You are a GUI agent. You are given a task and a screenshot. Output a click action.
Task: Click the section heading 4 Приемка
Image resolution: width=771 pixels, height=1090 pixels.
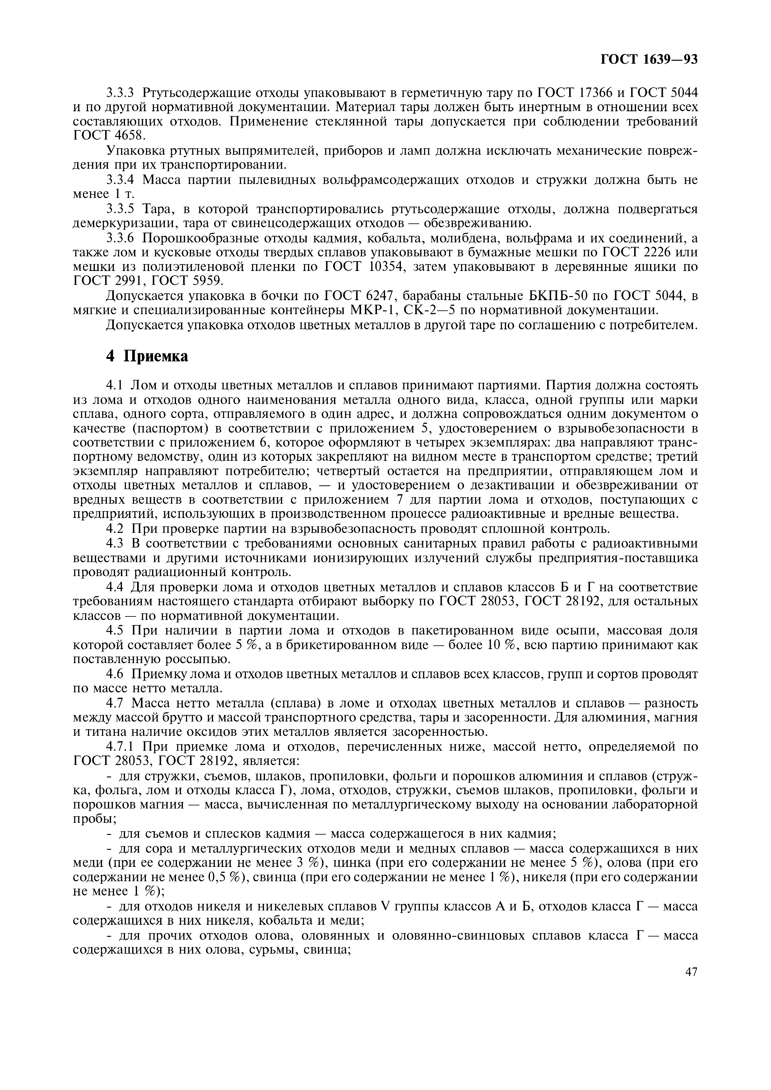click(147, 356)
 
